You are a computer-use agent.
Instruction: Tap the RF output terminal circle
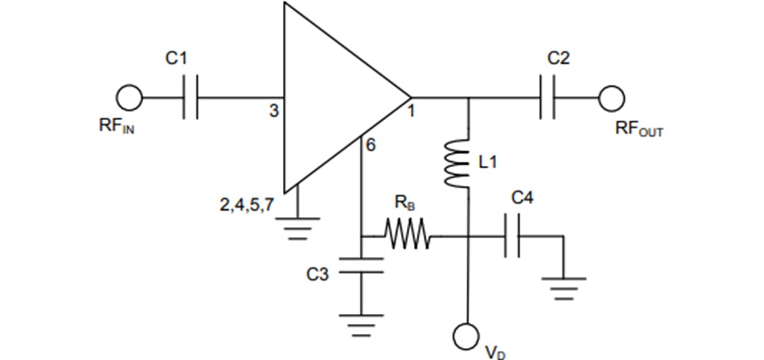tap(611, 97)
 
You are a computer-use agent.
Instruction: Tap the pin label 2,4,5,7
tap(245, 208)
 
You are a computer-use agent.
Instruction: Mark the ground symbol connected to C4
tap(563, 287)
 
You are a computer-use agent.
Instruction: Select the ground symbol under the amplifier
tap(298, 226)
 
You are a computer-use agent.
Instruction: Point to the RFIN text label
tap(116, 128)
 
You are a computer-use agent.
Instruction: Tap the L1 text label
tap(488, 163)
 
